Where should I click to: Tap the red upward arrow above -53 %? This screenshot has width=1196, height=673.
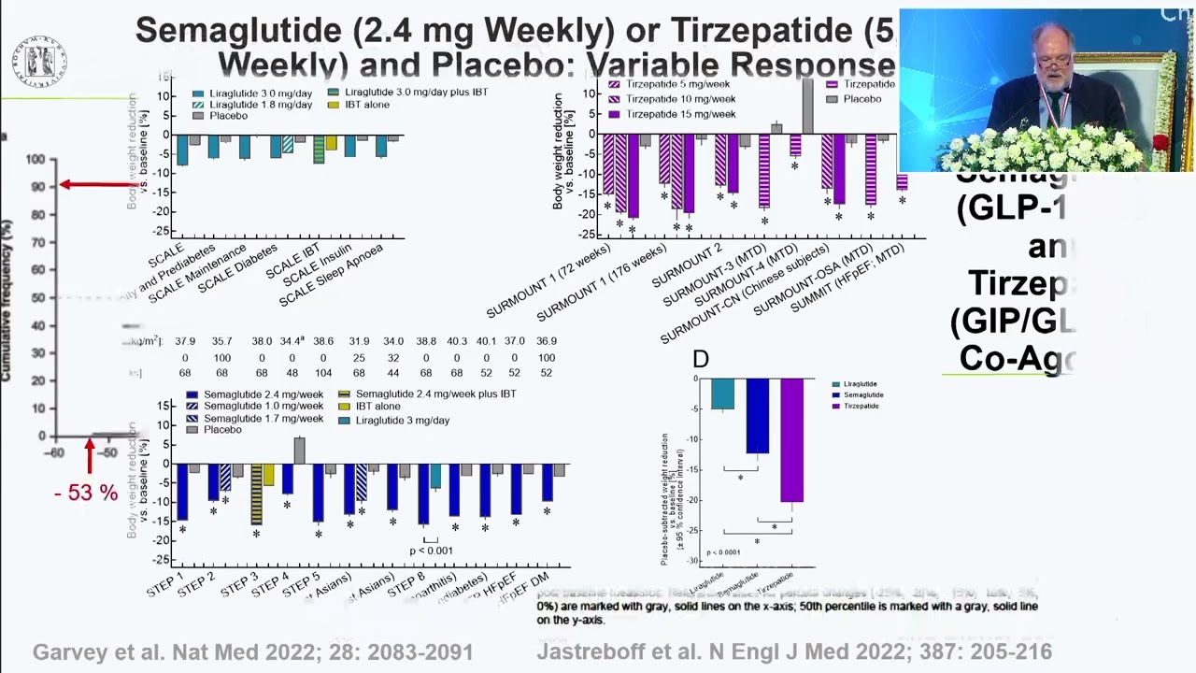(x=90, y=457)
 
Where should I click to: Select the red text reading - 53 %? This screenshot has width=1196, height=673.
(x=86, y=493)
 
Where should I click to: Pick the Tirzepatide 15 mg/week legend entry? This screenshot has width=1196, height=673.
(x=672, y=114)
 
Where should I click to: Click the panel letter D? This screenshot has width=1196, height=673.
(x=701, y=360)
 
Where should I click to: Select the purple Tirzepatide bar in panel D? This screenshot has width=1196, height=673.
(x=791, y=440)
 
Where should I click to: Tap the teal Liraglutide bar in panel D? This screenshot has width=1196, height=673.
(x=722, y=394)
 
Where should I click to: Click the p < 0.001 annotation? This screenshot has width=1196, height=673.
(x=431, y=551)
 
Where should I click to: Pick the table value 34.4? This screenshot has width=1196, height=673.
(x=292, y=341)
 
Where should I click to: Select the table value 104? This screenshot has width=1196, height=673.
(x=323, y=373)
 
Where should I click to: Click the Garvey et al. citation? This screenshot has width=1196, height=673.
(x=252, y=652)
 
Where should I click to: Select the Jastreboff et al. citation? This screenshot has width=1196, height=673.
(x=793, y=652)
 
